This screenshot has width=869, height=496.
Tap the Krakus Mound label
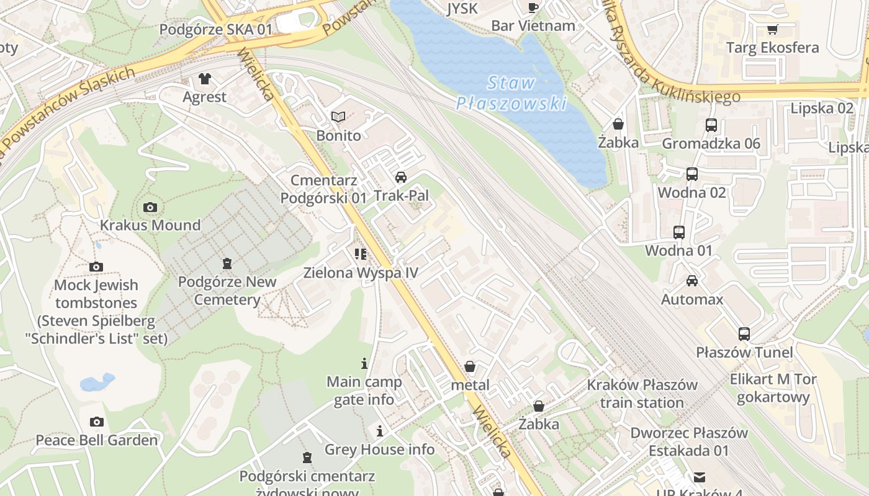tap(150, 225)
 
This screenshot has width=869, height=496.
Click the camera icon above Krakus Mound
tap(150, 207)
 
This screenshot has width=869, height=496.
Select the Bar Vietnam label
tap(533, 25)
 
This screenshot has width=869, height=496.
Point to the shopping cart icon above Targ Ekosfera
tap(773, 29)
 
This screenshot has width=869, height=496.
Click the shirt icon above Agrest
tap(204, 79)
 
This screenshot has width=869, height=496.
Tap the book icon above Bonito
tap(338, 117)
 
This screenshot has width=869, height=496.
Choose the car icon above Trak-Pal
tap(401, 177)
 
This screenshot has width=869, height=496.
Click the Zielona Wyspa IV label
tap(361, 272)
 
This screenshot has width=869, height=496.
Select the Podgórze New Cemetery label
tap(227, 290)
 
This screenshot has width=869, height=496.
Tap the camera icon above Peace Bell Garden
tap(96, 422)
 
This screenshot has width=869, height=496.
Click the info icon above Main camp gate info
tap(364, 363)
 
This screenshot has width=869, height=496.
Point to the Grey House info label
tap(379, 449)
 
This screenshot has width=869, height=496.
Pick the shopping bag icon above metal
tap(470, 366)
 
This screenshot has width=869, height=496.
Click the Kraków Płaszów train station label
tap(642, 394)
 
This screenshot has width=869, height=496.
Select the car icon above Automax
tap(692, 281)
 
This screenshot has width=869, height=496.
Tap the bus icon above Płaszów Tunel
tap(744, 334)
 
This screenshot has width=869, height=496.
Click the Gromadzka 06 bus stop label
tap(711, 144)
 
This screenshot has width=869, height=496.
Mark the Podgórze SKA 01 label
tap(215, 30)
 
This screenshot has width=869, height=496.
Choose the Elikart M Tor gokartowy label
tap(773, 387)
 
